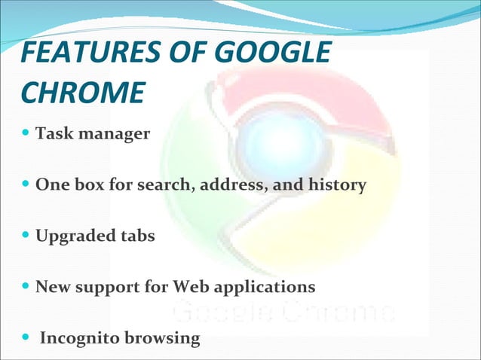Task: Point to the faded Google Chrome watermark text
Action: click(x=282, y=310)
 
